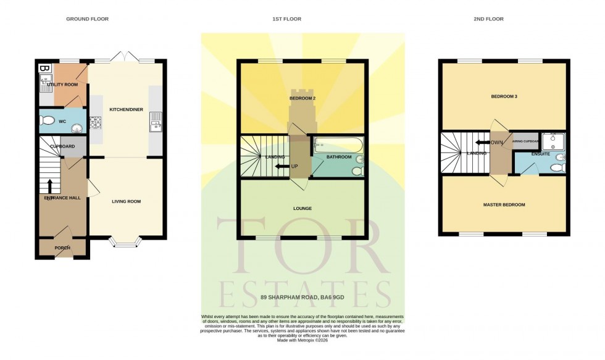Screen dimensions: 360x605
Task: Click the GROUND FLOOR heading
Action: click(x=87, y=19)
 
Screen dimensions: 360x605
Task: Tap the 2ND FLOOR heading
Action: click(x=488, y=19)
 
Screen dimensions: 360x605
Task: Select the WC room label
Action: click(x=62, y=122)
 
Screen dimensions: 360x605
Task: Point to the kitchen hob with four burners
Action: click(x=96, y=122)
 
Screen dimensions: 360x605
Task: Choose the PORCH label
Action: click(x=62, y=248)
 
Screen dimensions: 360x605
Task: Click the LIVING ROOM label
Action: click(x=126, y=201)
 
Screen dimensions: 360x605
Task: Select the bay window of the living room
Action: click(x=126, y=243)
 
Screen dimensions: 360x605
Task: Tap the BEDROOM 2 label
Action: click(x=302, y=98)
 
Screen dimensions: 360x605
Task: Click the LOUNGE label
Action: click(x=302, y=209)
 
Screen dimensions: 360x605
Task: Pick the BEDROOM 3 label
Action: click(x=504, y=97)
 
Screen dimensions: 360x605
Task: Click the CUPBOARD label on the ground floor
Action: click(x=62, y=146)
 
